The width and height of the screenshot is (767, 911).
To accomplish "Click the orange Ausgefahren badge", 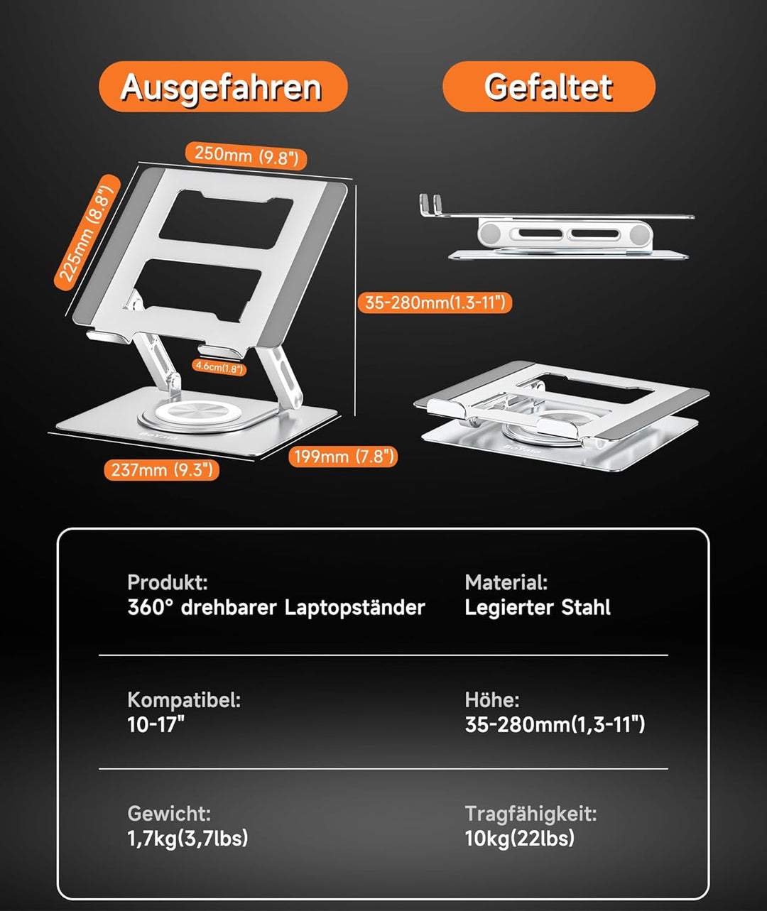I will point(222,87).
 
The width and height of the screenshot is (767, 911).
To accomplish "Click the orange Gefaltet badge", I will point(548,87).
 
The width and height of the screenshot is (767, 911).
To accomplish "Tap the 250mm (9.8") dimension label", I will point(246,156).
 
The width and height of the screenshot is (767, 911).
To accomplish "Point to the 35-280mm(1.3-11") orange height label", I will point(434,302).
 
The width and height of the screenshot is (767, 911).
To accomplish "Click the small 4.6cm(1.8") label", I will point(219,367).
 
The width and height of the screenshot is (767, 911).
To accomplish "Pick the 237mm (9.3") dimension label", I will point(161,469).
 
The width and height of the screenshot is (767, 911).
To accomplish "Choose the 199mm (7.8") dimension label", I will point(342,456).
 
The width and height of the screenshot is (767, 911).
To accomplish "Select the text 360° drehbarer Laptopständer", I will point(276,608).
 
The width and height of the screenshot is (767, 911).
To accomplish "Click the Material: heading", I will point(506,583).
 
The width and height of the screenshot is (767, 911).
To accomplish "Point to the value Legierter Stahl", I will point(537,608).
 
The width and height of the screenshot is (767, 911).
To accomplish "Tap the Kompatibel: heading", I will point(184,700).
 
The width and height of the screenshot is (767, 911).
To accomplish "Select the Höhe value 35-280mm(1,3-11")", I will point(555,725).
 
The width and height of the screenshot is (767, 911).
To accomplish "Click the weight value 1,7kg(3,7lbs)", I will point(187,839).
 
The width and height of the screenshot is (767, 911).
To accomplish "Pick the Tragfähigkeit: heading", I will point(531,814).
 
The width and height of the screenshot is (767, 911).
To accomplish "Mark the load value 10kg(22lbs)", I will point(519,839).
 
